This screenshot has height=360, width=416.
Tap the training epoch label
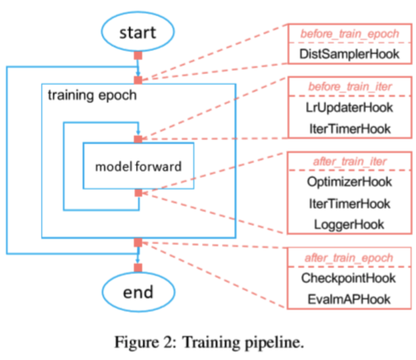point(92,96)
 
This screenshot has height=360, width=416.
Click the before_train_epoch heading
point(349,34)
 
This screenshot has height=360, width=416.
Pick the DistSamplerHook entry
point(349,54)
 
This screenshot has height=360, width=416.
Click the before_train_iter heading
point(349,86)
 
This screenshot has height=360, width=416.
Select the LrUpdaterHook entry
point(349,108)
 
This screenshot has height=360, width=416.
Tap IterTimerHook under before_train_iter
point(350,129)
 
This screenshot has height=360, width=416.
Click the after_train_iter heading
point(349,161)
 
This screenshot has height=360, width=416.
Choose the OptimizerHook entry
point(349,182)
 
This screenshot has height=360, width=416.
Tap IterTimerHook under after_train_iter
point(349,204)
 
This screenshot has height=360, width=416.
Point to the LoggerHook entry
point(349,225)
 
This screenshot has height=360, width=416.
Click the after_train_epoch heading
point(349,258)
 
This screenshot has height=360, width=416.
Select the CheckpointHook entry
point(348,278)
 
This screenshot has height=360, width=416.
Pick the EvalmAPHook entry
point(349,300)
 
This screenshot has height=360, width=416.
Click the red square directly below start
point(138,56)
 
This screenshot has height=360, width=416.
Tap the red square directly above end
point(138,267)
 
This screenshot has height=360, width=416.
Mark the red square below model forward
point(138,192)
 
